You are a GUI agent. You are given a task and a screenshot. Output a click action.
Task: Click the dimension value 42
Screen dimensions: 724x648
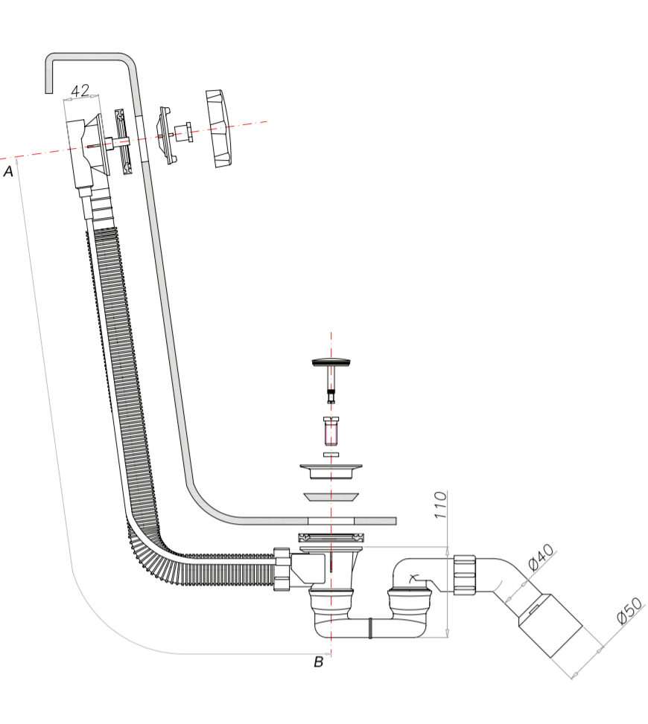click(80, 91)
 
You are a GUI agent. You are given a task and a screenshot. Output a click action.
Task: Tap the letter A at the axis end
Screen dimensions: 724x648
click(8, 172)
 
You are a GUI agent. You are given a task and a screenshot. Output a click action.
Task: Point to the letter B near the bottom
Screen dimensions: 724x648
click(318, 661)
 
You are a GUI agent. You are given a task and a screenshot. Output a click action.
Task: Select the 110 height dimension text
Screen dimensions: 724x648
click(440, 506)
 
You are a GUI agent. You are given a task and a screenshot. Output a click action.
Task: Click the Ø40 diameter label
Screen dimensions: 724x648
click(541, 557)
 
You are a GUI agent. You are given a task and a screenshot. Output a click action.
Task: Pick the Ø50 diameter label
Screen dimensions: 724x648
click(629, 612)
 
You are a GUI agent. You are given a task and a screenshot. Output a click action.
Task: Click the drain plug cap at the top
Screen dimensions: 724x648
click(331, 362)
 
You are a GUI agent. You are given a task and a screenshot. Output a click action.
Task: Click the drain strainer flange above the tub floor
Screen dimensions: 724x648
click(331, 471)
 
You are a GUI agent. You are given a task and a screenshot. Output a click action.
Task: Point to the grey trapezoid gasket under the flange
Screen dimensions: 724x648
click(331, 496)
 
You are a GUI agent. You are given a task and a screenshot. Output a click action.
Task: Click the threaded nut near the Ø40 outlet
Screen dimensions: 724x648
click(465, 574)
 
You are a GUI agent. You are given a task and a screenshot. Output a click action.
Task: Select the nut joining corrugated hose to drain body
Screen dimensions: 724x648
click(282, 569)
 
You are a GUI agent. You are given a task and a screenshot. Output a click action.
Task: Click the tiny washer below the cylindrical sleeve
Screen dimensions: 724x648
click(331, 454)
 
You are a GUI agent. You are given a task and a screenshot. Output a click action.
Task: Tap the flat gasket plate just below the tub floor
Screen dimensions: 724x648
click(331, 537)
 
